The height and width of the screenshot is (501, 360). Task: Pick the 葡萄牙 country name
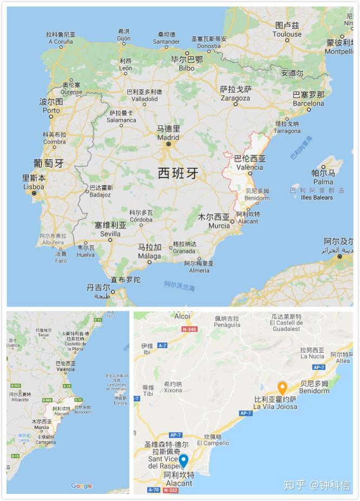(x=48, y=163)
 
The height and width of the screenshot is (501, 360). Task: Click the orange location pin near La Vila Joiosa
(x=282, y=388)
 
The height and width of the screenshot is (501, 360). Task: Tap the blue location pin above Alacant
(x=184, y=460)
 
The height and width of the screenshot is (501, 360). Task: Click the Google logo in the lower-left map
(x=81, y=486)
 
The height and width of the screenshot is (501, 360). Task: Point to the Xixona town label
(x=173, y=387)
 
